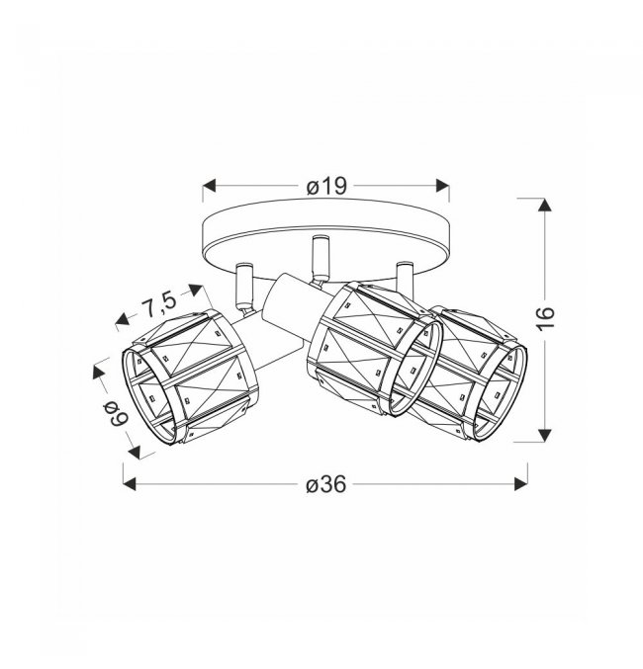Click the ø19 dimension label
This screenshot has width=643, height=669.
[325, 187]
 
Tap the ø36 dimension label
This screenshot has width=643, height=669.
[325, 484]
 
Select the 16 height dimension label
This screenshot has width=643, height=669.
[545, 317]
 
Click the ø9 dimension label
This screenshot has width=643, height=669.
[115, 414]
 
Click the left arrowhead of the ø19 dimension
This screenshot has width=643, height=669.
[209, 186]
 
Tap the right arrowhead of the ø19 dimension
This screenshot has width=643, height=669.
[442, 186]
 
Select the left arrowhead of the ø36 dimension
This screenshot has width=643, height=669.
[130, 484]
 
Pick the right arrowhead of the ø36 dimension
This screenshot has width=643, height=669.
[521, 484]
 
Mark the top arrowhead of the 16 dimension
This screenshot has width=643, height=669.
[545, 205]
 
